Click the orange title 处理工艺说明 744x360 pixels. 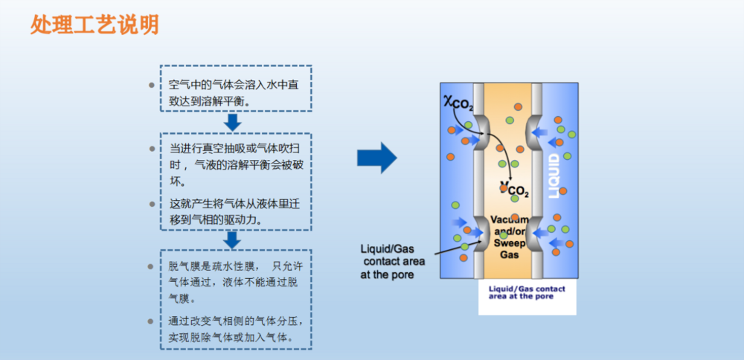(x=94, y=25)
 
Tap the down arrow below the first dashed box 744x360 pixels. (x=234, y=122)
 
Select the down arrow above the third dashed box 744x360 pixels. (x=233, y=240)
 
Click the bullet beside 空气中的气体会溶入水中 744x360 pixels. (x=152, y=85)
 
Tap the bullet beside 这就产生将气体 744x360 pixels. (x=152, y=203)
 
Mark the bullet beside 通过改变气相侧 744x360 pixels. (x=152, y=321)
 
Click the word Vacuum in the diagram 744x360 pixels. (x=508, y=221)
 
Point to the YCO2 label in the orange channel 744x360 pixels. (x=514, y=190)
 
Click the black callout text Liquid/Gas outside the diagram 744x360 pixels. (x=386, y=248)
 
